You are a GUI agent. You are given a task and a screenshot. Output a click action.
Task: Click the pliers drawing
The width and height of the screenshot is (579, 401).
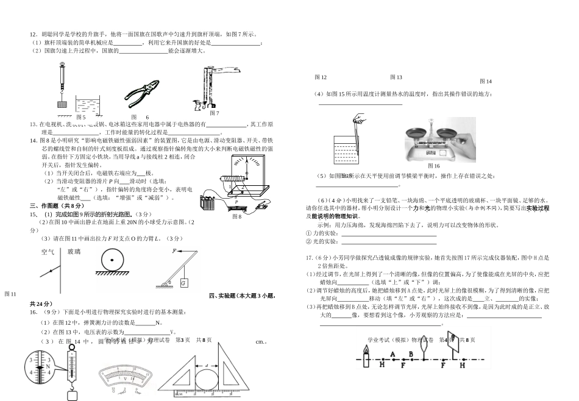click(145, 93)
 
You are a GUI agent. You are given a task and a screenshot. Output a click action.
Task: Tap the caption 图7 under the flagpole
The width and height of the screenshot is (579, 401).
click(214, 113)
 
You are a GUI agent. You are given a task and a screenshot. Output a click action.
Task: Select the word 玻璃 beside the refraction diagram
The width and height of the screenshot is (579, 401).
click(74, 251)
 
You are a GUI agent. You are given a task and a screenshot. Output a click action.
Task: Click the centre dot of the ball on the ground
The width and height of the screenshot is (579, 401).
click(113, 263)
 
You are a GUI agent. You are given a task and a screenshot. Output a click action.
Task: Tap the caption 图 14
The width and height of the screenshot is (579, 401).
click(486, 81)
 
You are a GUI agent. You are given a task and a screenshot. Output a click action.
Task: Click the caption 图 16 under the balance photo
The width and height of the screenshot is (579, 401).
click(433, 166)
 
